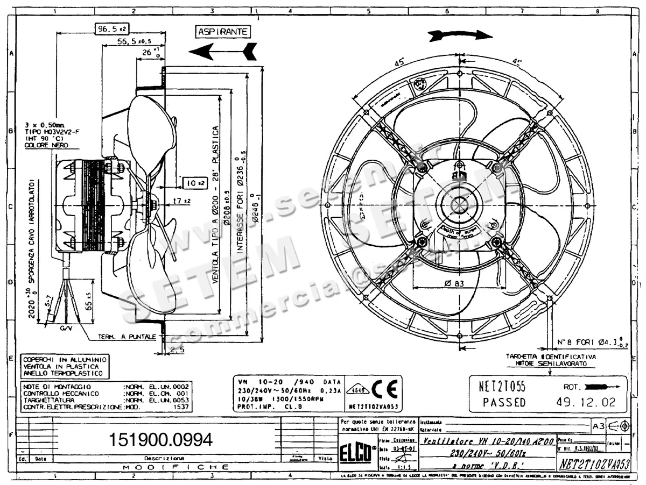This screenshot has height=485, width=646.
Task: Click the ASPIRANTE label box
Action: [223, 32]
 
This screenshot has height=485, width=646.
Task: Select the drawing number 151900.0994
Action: [161, 439]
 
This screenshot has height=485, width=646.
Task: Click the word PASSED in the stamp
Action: [504, 402]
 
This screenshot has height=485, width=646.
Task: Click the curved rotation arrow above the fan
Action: [460, 35]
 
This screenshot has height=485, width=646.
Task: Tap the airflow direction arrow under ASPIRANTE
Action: [222, 51]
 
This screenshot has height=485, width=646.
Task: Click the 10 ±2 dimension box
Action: [194, 183]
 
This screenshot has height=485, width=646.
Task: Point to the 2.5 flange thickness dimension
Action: [177, 349]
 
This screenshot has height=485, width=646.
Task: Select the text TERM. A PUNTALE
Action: [127, 337]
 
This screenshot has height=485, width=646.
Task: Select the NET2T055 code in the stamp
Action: [502, 386]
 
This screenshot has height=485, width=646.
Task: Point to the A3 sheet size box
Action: [598, 426]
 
